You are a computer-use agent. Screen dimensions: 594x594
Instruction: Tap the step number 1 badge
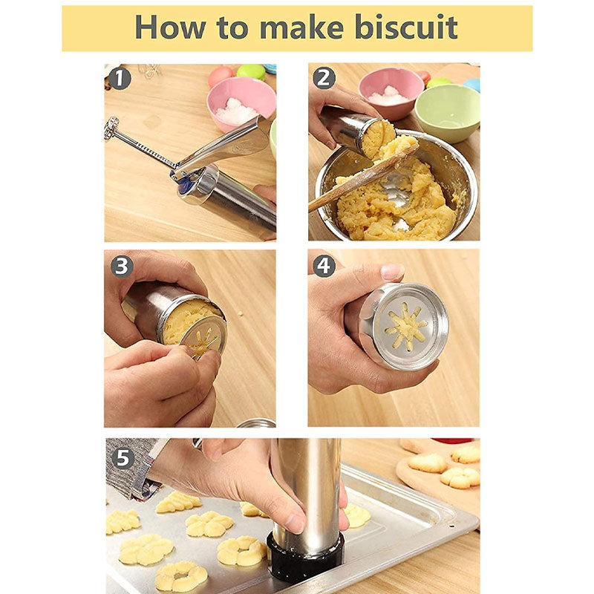pos(120,78)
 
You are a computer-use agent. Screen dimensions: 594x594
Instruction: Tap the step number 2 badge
pos(324,78)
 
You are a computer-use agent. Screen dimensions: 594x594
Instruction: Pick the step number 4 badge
pos(324,266)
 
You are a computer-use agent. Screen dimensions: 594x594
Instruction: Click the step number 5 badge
pos(123,457)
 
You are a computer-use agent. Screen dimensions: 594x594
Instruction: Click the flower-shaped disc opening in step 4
pos(405,327)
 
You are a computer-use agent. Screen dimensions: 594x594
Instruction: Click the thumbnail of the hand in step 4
pos(392,272)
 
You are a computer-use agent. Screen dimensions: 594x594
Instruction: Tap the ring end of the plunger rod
pos(112,127)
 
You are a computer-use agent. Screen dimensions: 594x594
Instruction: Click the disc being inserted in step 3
pos(202,338)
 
